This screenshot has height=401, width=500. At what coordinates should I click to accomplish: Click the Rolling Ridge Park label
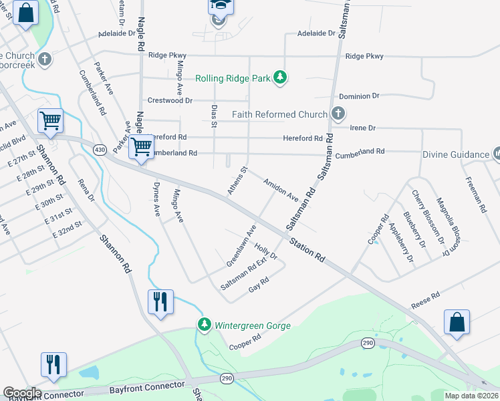pos(233,78)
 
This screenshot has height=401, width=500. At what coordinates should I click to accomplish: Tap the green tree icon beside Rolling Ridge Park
pos(280,78)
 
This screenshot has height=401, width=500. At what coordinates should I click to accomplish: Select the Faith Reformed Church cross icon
pos(338,114)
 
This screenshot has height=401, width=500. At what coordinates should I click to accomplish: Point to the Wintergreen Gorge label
pos(252,326)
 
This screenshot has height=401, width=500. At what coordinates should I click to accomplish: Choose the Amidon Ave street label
pos(281,189)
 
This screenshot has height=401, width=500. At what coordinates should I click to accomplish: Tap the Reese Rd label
pos(425,298)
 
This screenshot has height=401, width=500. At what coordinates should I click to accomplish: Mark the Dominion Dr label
pos(359,96)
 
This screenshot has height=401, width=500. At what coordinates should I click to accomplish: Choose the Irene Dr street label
pos(362,128)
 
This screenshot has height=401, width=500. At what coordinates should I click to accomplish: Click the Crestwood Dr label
pos(170,100)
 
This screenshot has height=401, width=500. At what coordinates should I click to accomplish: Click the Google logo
pos(21,393)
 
